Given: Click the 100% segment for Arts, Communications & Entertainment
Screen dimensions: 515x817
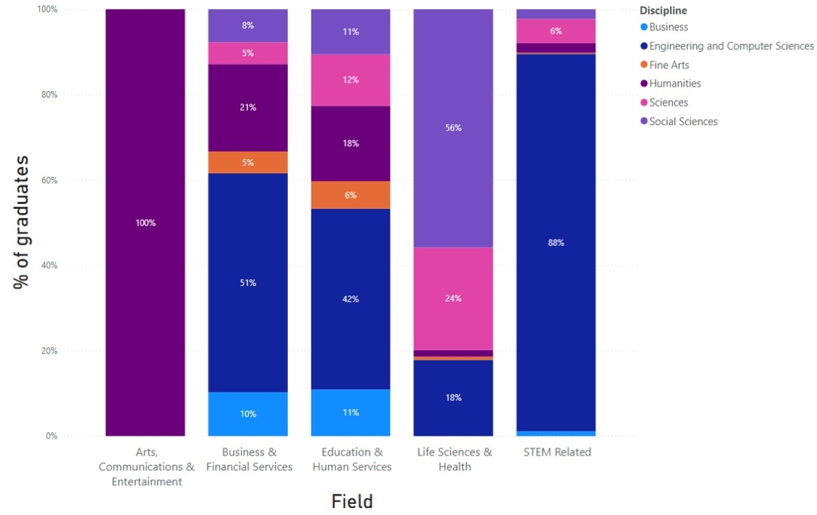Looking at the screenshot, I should point(145,223).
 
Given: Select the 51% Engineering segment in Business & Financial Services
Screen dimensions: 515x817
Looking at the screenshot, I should point(248,283).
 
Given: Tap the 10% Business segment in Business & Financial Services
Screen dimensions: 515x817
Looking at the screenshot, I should point(248,414).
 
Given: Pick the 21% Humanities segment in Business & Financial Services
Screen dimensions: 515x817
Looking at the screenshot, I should point(248,108).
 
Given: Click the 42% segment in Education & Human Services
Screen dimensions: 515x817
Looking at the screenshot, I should point(350,299).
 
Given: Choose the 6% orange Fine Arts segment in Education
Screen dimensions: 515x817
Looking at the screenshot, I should point(350,195).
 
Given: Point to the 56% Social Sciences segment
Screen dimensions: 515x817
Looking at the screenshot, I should point(453,128).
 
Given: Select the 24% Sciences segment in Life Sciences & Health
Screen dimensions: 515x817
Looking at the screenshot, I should point(453,298).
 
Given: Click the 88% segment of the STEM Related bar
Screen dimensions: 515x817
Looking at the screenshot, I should point(556,242).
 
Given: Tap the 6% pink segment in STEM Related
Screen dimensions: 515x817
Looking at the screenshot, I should point(556,31).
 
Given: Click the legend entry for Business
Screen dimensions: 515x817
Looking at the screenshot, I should point(668,27).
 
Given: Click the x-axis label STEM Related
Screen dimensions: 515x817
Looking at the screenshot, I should point(557,452).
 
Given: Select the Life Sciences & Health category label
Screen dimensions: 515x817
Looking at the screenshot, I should point(454,459).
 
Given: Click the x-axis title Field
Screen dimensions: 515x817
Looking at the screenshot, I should point(352,501).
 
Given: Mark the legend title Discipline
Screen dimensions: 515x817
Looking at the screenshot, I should point(663,10).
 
